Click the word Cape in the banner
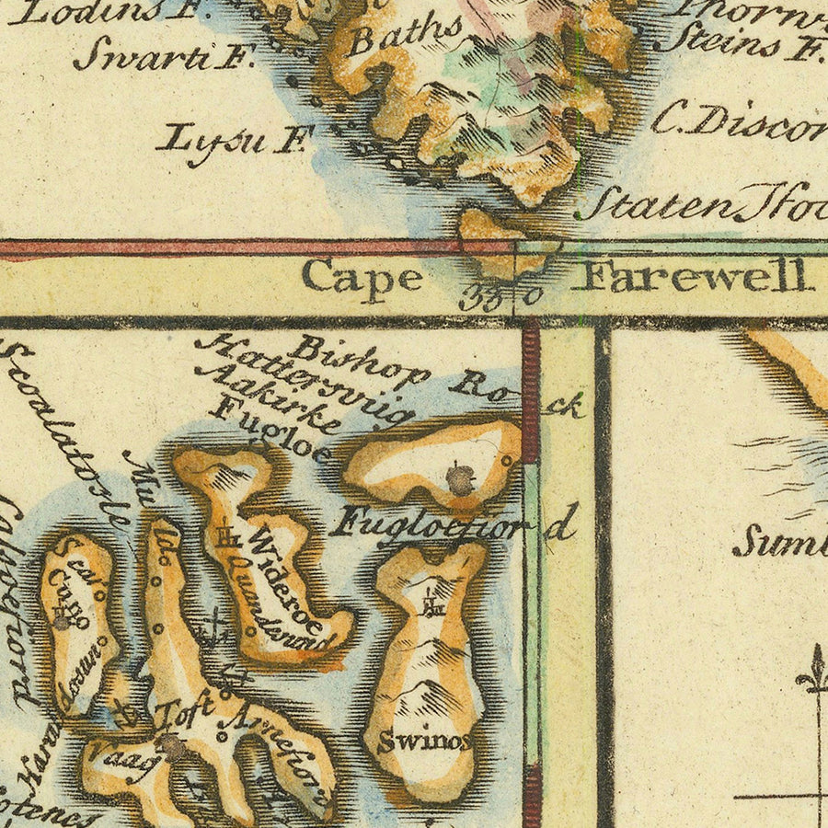pos(362,279)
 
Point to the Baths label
pos(405,38)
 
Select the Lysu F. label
pos(236,141)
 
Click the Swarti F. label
pos(165,56)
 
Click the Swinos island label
pos(424,742)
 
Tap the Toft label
pos(184,711)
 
